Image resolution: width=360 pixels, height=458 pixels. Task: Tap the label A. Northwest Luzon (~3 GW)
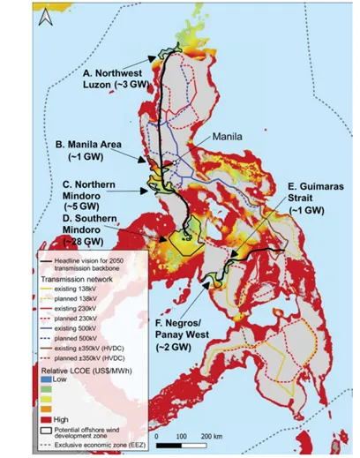click(x=119, y=77)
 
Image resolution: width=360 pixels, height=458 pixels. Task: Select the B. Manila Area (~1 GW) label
click(x=102, y=149)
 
